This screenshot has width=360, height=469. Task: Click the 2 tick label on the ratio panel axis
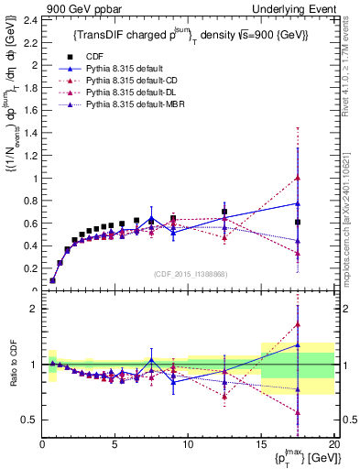point(33,309)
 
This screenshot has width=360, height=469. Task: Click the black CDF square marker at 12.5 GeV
point(224,212)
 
